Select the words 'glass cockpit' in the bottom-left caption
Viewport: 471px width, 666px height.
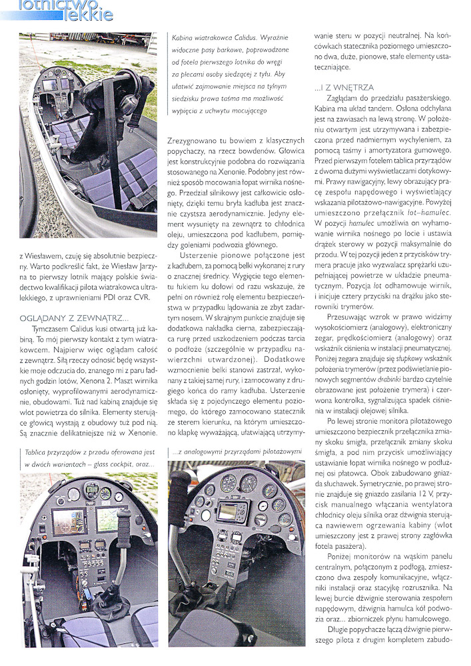click(116, 464)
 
